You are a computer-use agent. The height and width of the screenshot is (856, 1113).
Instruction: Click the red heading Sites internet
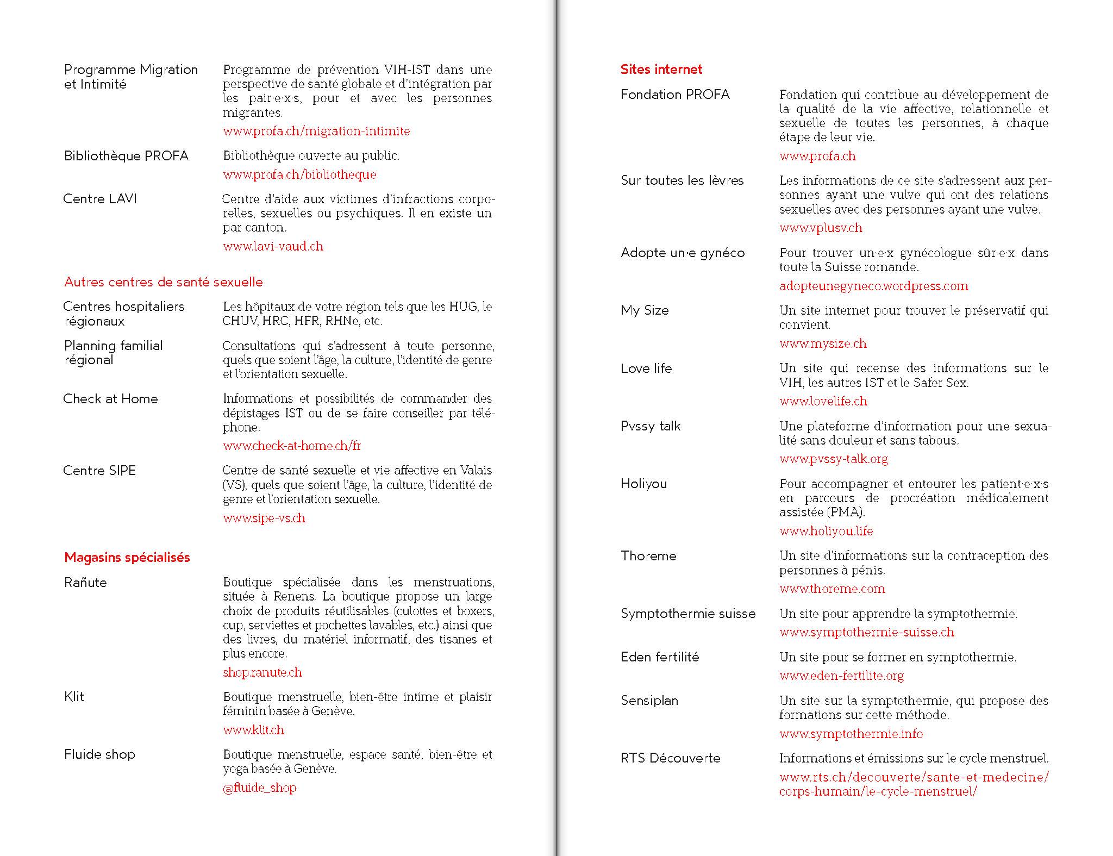point(661,70)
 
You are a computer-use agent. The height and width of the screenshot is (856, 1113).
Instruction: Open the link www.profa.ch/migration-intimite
point(316,131)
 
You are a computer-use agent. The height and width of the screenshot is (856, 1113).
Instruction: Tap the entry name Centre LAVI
point(100,199)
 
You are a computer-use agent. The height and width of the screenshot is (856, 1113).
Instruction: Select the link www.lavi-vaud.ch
point(273,246)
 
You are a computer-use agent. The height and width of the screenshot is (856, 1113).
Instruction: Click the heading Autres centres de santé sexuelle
point(163,282)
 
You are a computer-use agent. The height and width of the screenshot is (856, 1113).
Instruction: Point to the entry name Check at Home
point(110,399)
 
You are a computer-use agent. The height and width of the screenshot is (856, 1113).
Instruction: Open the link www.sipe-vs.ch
point(264,518)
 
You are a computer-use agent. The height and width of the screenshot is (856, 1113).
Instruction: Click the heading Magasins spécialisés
point(127,558)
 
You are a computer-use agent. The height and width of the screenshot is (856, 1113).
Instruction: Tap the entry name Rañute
point(85,583)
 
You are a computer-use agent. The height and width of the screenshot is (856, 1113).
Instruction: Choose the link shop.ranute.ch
point(262,672)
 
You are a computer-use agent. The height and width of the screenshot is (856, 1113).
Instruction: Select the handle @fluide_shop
point(259,788)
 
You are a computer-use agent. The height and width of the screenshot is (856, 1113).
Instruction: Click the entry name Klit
point(74,697)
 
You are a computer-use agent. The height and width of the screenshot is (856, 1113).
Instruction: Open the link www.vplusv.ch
point(821,228)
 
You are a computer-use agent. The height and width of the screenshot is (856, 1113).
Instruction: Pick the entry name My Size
point(645,310)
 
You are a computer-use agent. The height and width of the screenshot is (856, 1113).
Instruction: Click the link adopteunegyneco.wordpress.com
point(873,286)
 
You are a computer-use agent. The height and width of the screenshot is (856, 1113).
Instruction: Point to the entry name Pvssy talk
point(651,426)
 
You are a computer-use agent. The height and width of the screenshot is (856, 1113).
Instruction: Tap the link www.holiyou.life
point(826,531)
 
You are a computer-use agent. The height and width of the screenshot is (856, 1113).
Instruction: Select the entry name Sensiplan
point(649,701)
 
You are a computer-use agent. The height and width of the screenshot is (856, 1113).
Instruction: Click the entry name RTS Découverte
point(670,758)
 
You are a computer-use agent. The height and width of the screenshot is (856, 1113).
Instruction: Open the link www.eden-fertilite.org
point(841,676)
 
